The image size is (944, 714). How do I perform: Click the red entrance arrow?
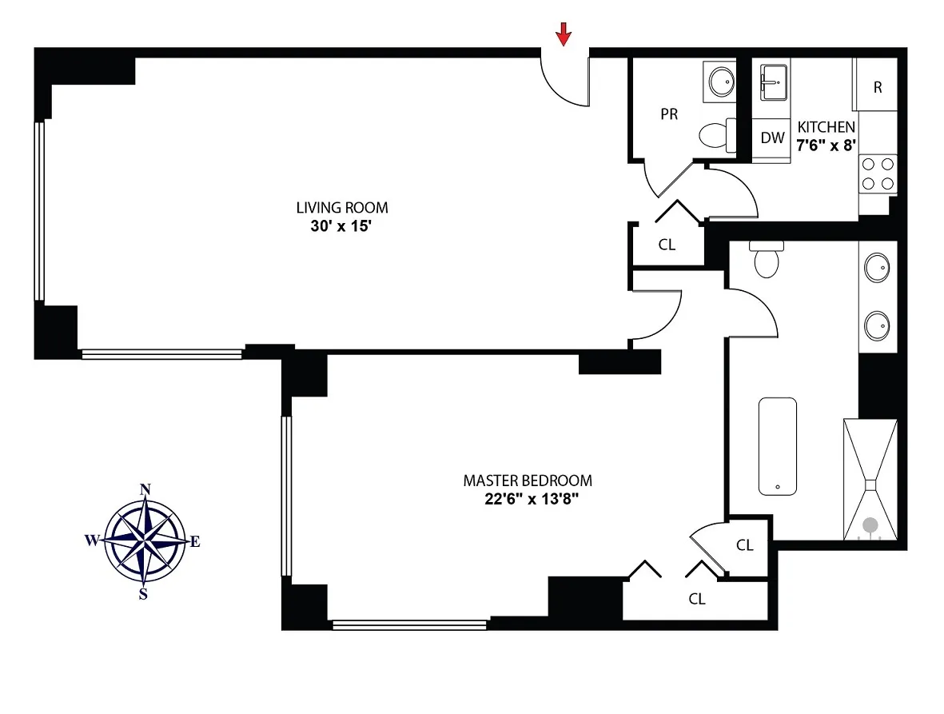point(564,34)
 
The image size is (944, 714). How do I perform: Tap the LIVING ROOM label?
point(342,208)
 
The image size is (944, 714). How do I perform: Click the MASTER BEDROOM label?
point(528,481)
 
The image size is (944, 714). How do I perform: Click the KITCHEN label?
point(826,127)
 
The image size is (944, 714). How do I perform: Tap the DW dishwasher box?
point(772,138)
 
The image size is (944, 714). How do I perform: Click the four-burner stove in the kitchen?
point(878,174)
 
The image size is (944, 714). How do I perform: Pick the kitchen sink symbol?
point(773,82)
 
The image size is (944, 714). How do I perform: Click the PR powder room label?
point(669,114)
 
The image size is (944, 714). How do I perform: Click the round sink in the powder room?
point(722,81)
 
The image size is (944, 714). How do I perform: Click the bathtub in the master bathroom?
point(777,446)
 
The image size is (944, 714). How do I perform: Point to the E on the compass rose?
point(194,542)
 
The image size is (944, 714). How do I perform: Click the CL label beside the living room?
point(667,245)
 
